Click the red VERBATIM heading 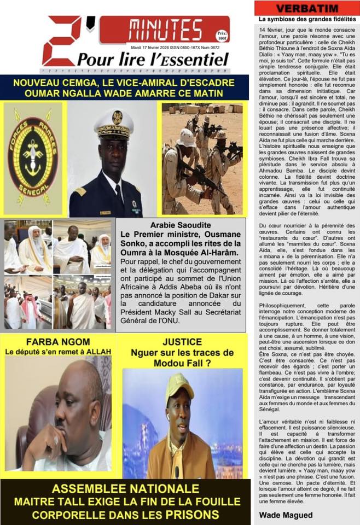coord(306,8)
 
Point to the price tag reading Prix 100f coord(221,36)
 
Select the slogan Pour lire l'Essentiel coord(153,59)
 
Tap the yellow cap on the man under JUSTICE coord(179,385)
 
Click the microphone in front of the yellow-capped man coord(177,471)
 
